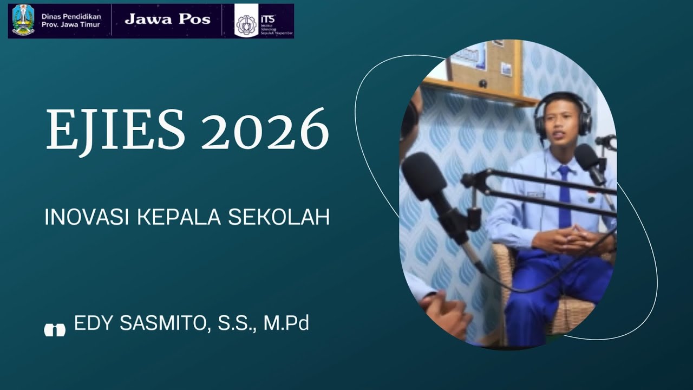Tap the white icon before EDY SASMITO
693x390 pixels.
55,329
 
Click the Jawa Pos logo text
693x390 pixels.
167,19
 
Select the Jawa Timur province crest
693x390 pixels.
23,20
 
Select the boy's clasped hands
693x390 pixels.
569,239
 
